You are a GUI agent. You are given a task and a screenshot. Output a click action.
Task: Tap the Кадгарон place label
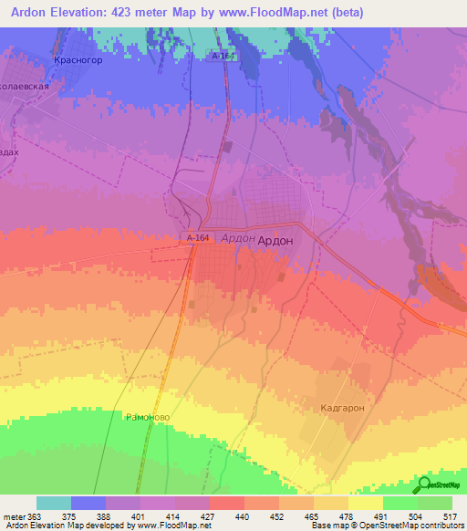pos(342,408)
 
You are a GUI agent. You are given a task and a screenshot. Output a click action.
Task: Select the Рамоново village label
pos(148,415)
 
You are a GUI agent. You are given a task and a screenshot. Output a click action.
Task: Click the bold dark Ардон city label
pos(275,240)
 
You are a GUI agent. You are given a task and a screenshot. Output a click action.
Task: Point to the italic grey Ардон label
pos(238,236)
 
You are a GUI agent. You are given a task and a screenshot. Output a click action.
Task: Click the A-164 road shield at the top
pos(223,57)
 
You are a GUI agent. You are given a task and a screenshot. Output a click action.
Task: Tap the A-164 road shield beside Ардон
pos(198,238)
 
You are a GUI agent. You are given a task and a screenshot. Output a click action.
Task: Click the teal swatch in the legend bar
pos(54,503)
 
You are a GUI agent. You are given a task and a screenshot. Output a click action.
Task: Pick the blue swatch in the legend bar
pos(88,503)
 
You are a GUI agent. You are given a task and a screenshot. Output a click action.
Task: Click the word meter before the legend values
pos(14,515)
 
